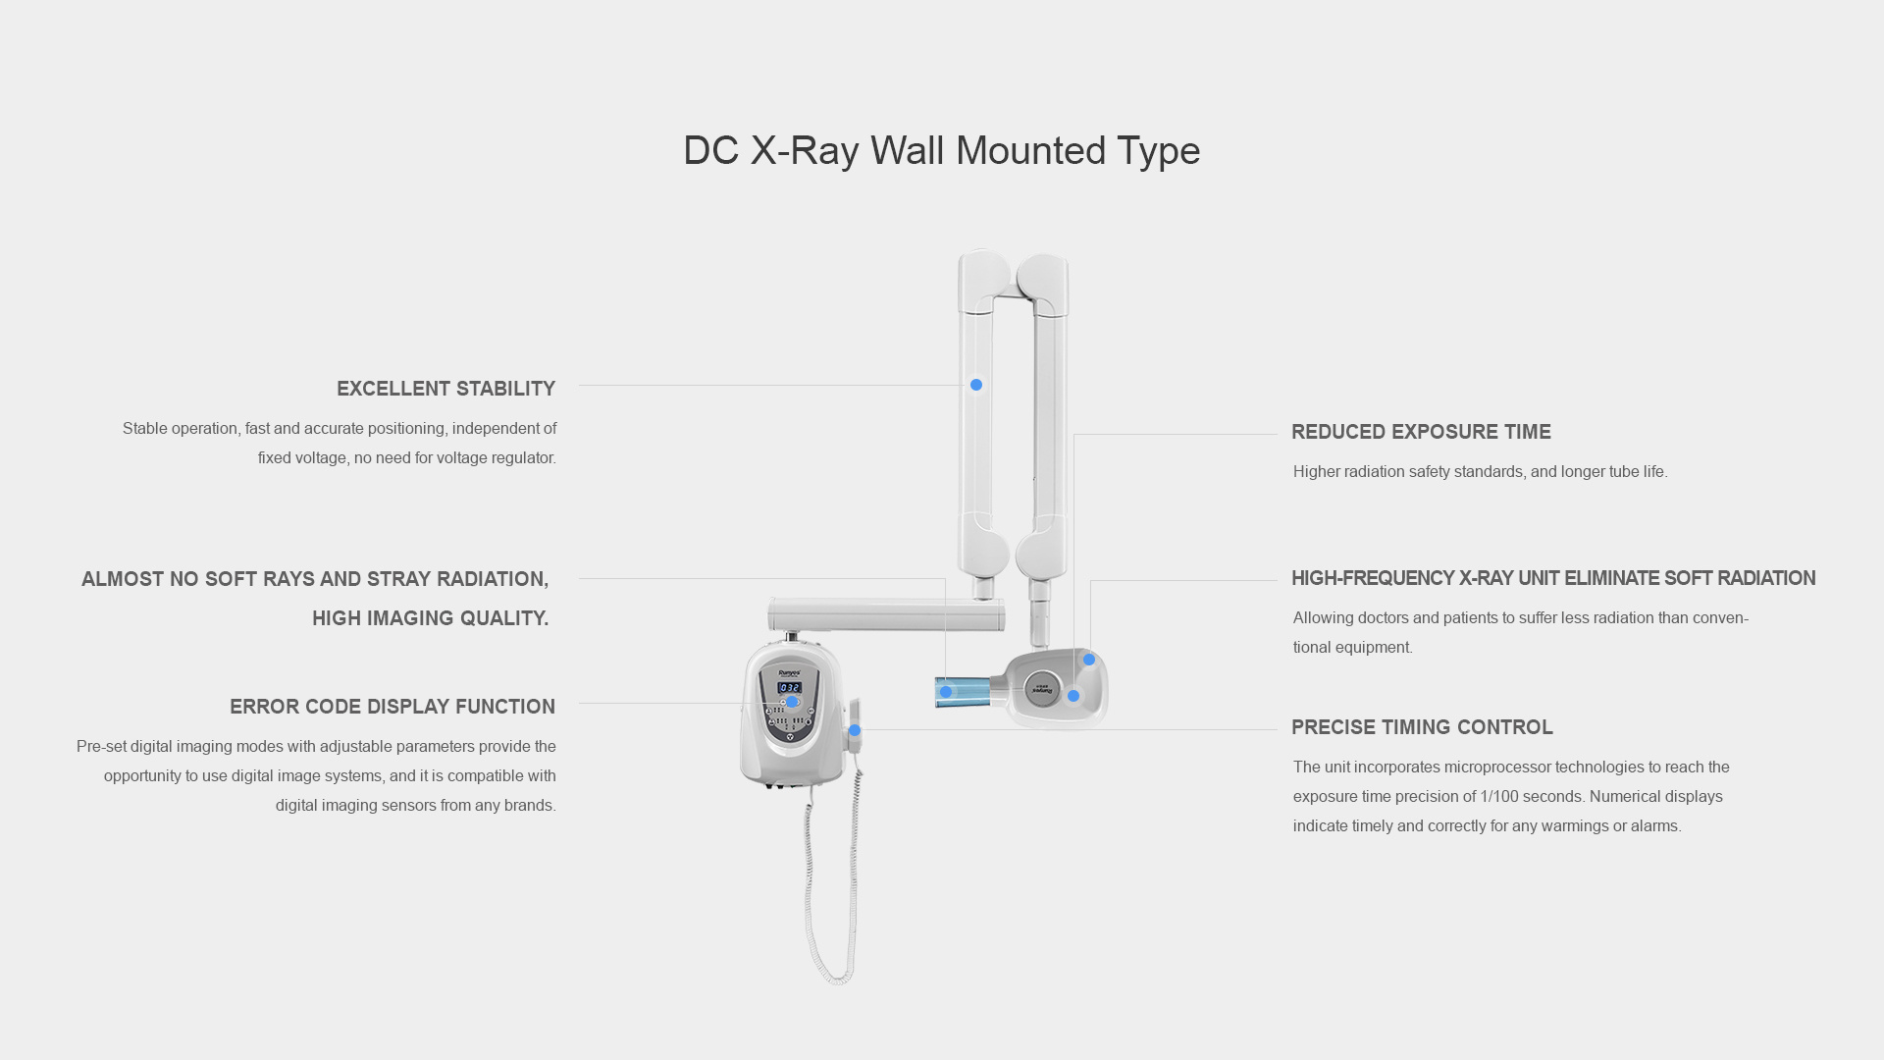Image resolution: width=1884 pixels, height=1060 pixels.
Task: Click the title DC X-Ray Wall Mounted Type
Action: [x=941, y=151]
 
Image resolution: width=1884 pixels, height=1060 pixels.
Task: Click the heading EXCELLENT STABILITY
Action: [x=445, y=389]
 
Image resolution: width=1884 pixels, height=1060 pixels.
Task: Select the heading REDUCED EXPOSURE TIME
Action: [x=1421, y=432]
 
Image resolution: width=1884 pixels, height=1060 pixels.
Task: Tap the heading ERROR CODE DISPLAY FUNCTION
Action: [x=392, y=707]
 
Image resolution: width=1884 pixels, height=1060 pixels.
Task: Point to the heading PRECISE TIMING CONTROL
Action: [x=1422, y=727]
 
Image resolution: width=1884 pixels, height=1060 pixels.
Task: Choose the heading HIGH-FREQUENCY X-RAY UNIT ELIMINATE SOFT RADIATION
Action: [x=1553, y=578]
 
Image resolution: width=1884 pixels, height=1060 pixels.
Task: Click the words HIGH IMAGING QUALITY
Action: [x=431, y=618]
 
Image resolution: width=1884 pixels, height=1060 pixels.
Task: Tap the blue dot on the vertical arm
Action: [x=976, y=385]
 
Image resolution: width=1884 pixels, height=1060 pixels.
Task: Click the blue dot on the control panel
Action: [x=792, y=702]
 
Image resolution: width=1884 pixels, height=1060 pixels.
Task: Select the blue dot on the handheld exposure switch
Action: [x=855, y=730]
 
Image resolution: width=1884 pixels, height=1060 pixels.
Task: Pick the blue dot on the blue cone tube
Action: [x=946, y=692]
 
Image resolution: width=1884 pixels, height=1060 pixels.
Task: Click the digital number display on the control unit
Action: [x=790, y=688]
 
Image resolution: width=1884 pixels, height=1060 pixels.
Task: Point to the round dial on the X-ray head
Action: [x=1043, y=689]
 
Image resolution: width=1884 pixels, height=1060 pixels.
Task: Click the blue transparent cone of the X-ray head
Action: [x=965, y=691]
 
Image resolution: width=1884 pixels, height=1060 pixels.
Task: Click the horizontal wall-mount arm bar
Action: [x=886, y=615]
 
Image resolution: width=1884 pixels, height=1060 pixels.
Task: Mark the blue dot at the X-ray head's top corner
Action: [x=1089, y=660]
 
